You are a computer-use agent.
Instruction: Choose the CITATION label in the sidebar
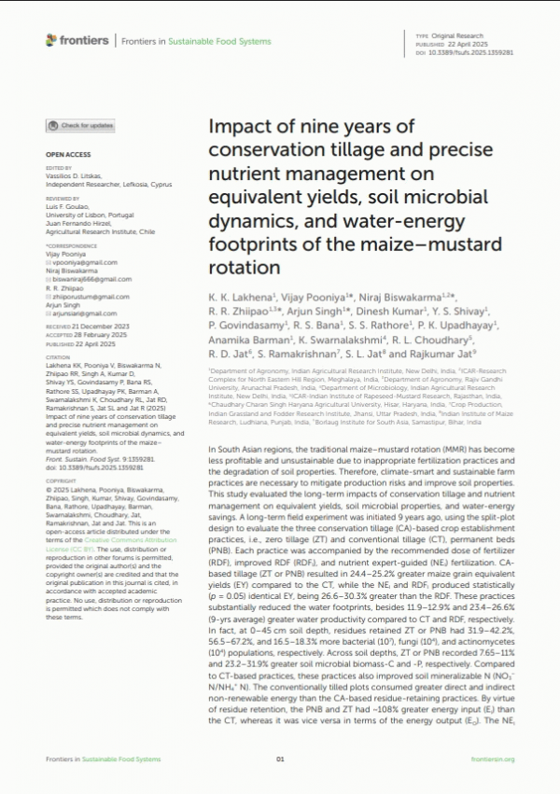tap(59, 356)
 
